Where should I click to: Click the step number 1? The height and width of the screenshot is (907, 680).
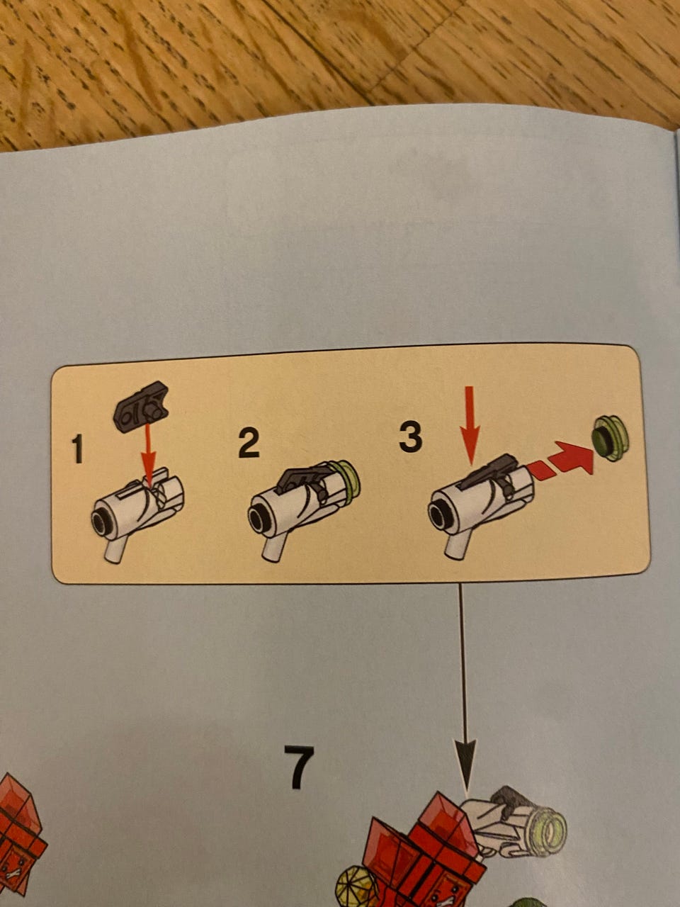point(77,449)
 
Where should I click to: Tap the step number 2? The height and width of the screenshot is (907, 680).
point(249,444)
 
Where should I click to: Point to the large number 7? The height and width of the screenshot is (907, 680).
point(299,767)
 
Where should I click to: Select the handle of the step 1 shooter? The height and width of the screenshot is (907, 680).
point(115,548)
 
